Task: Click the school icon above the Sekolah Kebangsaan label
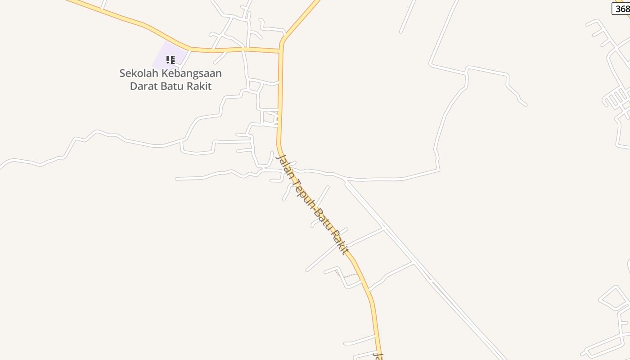[170, 59]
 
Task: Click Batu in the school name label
[172, 86]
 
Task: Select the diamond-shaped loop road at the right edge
[613, 297]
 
